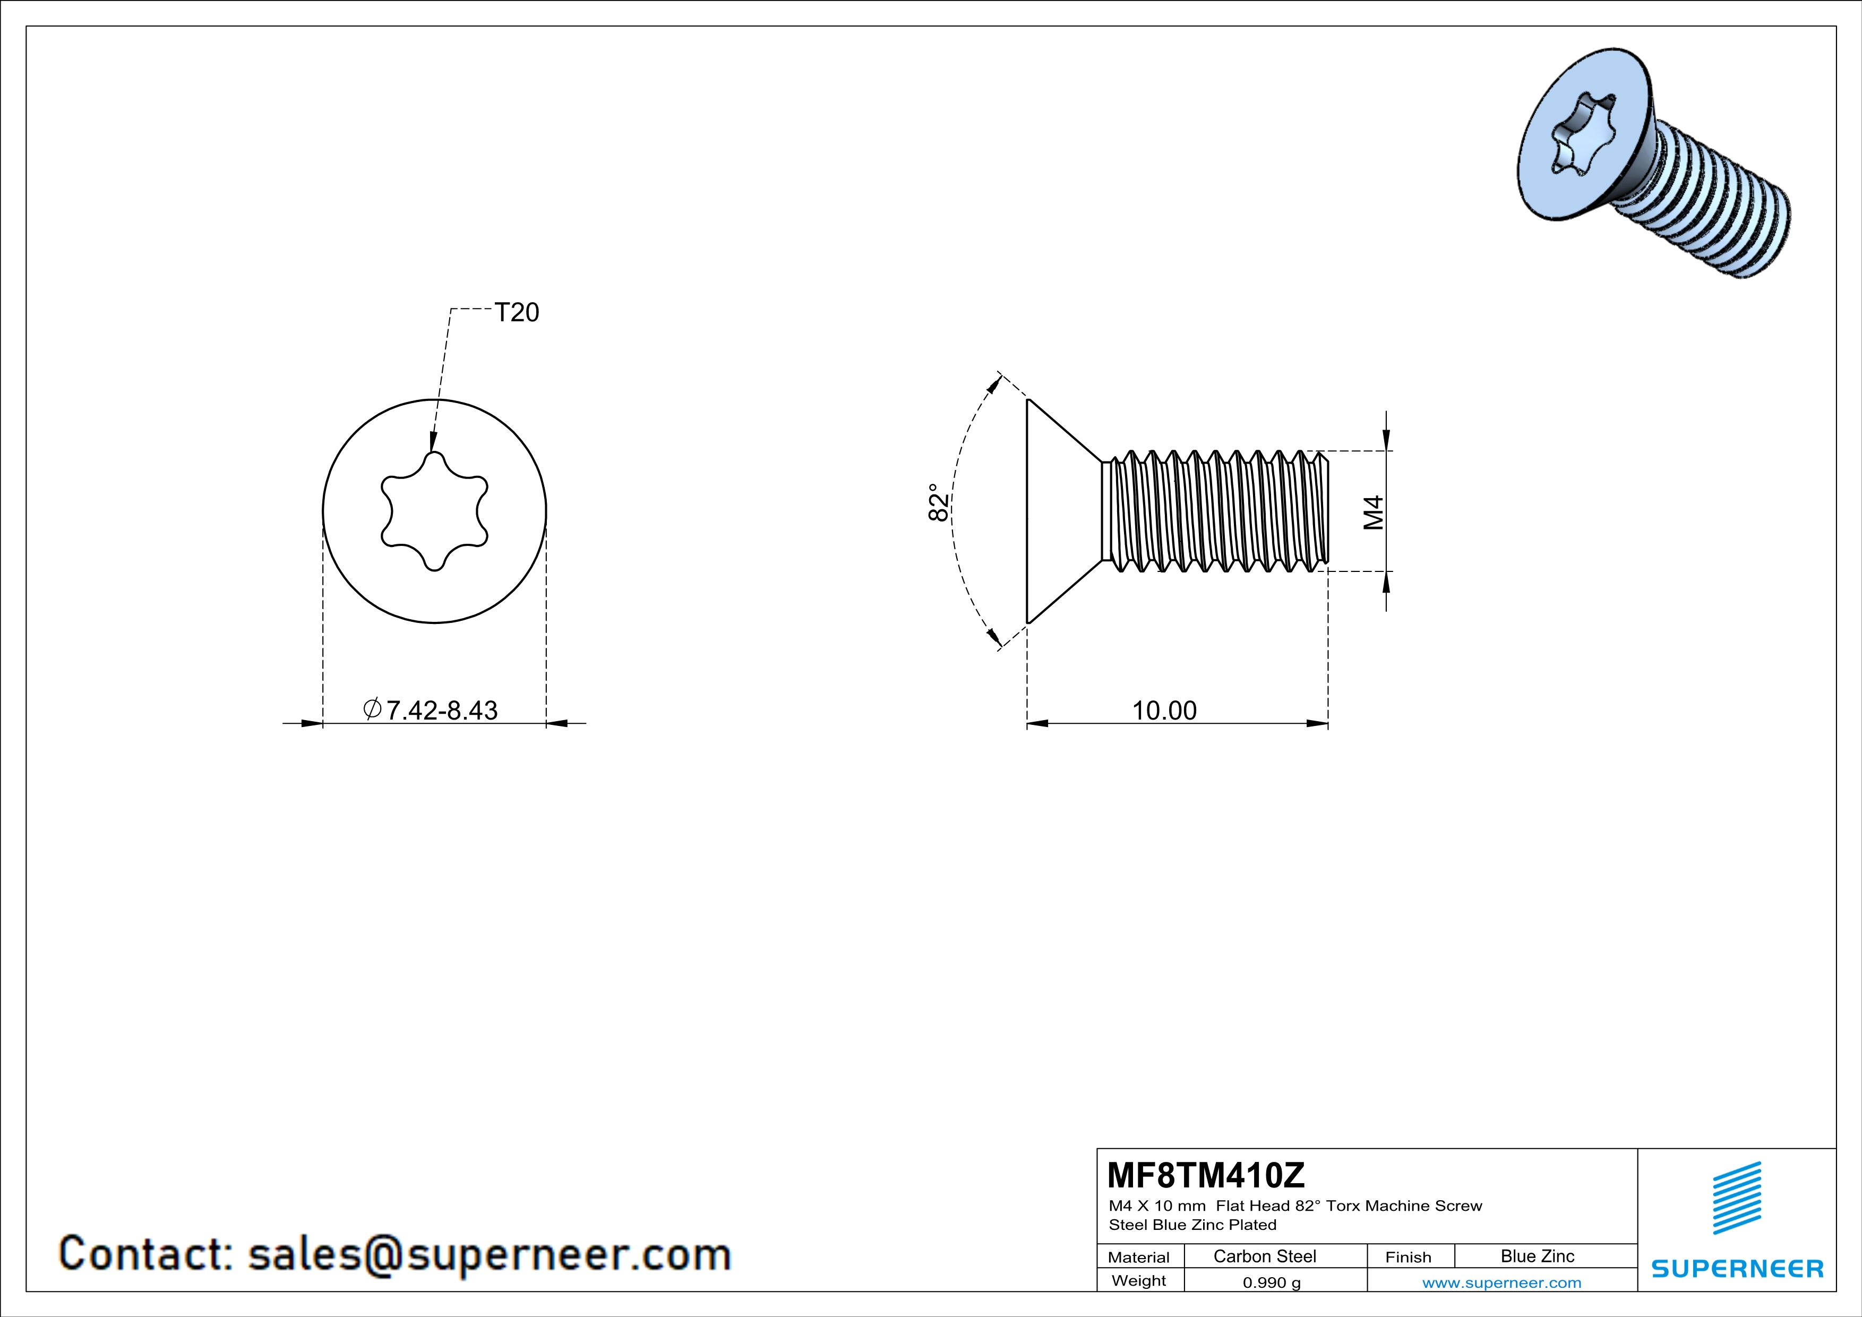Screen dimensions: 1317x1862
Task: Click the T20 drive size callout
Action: tap(517, 312)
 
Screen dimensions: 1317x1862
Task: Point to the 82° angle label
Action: tap(938, 503)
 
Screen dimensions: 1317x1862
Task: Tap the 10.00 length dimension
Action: tap(1164, 711)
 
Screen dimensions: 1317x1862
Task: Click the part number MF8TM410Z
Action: tap(1206, 1174)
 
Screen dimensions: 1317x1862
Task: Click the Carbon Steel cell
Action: tap(1264, 1256)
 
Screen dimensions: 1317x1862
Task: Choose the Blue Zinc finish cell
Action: tap(1537, 1256)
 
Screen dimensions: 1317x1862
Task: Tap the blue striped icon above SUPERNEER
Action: tap(1736, 1198)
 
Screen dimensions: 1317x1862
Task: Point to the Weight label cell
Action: tap(1139, 1280)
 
